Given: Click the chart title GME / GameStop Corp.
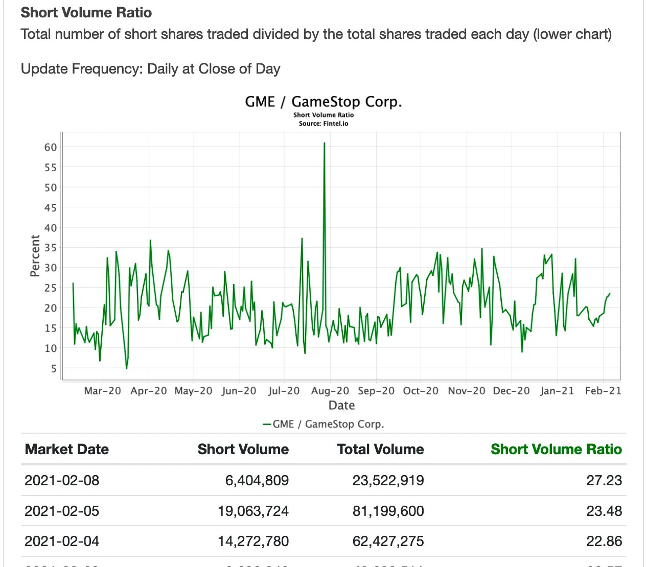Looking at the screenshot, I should pyautogui.click(x=323, y=102).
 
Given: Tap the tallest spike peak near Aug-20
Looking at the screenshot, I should pyautogui.click(x=325, y=144).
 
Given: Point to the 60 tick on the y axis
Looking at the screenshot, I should pyautogui.click(x=51, y=147).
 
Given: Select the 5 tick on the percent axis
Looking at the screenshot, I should pyautogui.click(x=54, y=368).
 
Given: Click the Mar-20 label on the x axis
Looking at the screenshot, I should pyautogui.click(x=103, y=391).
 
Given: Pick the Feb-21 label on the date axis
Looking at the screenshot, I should pyautogui.click(x=603, y=391).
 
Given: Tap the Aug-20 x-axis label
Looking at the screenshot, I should pyautogui.click(x=330, y=391).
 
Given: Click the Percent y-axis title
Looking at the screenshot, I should pyautogui.click(x=35, y=256).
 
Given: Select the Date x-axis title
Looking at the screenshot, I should pyautogui.click(x=341, y=406).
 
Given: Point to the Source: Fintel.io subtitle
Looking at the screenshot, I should pyautogui.click(x=323, y=124).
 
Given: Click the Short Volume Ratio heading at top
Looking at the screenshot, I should pyautogui.click(x=86, y=12).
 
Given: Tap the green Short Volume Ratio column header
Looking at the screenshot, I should pyautogui.click(x=556, y=449).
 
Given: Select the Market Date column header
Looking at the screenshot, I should pyautogui.click(x=67, y=449).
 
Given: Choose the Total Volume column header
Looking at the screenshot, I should pyautogui.click(x=380, y=449).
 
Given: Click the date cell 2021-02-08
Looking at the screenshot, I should pyautogui.click(x=62, y=480).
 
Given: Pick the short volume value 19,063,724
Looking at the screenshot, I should pyautogui.click(x=253, y=511).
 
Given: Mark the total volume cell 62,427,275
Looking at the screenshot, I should pyautogui.click(x=388, y=541).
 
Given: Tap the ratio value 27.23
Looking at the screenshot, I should pyautogui.click(x=604, y=480).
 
